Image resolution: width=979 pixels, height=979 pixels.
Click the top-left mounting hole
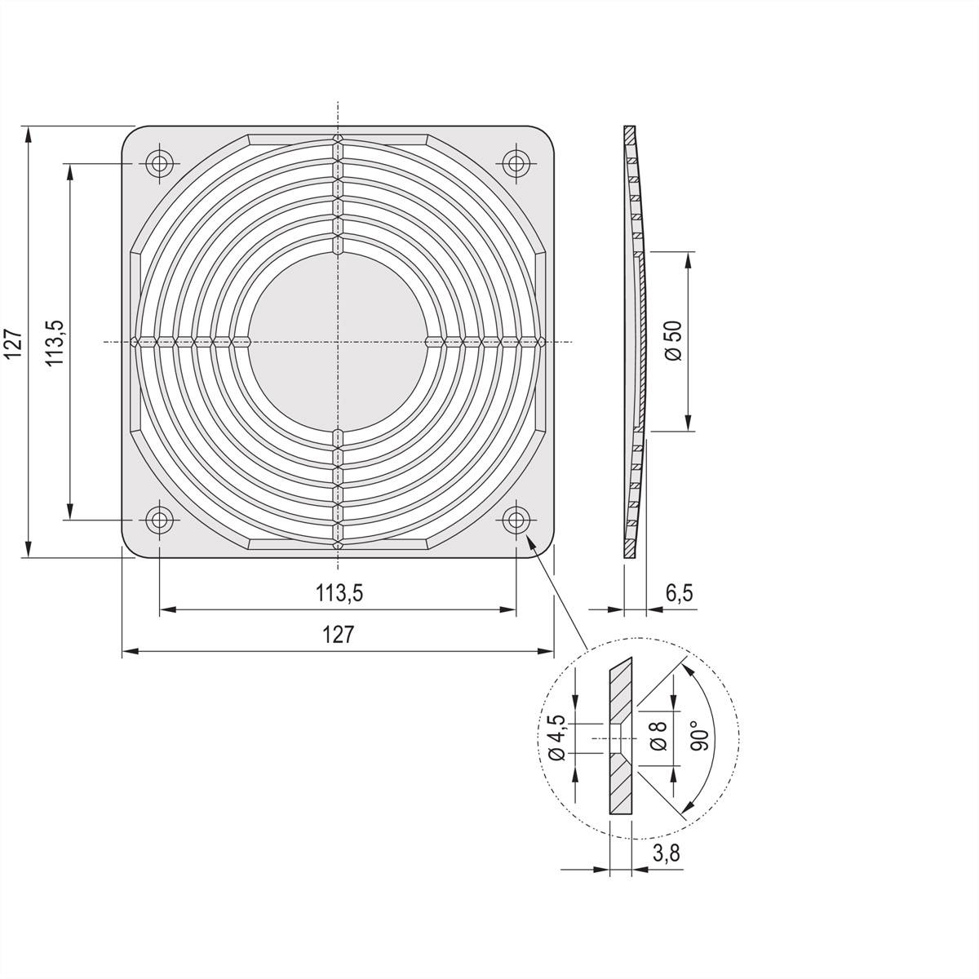click(x=159, y=163)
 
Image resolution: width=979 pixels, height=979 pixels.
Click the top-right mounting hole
click(x=514, y=163)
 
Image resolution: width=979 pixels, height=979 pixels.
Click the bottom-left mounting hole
click(x=159, y=518)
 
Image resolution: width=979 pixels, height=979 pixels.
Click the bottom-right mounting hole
click(x=514, y=518)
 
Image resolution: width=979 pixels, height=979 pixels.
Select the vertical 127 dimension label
click(x=11, y=343)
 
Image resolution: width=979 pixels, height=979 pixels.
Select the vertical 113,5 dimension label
click(x=55, y=342)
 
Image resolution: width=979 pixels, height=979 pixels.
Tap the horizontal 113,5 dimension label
click(x=339, y=594)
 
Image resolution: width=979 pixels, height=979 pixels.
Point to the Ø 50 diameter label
click(x=674, y=340)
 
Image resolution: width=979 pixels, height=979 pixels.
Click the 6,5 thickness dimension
click(x=679, y=593)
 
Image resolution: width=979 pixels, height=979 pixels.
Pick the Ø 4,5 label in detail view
click(x=556, y=738)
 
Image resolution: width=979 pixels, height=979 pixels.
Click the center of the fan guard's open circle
click(x=337, y=341)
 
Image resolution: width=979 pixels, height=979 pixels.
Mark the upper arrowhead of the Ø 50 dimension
click(x=689, y=259)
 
